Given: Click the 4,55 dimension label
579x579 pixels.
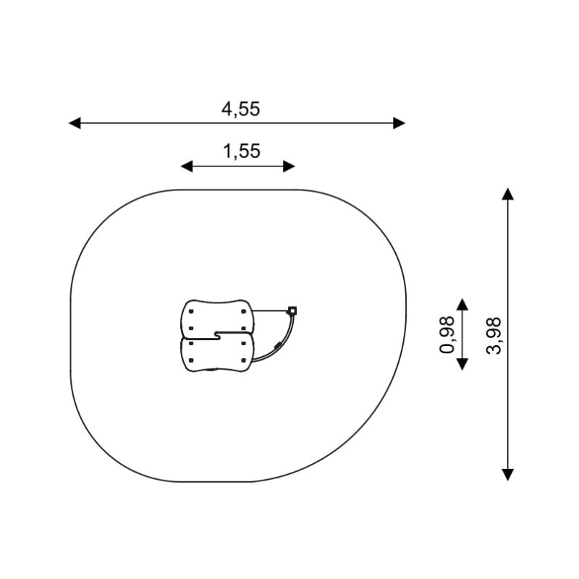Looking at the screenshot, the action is click(x=240, y=109).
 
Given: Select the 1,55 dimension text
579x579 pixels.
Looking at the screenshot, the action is click(x=242, y=151).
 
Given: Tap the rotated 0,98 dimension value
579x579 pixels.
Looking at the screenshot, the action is click(x=447, y=335).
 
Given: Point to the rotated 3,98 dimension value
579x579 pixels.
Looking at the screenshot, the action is click(x=494, y=336).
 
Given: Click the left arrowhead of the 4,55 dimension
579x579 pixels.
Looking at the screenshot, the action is click(x=75, y=123).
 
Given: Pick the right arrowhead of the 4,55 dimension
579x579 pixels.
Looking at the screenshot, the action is click(x=400, y=123).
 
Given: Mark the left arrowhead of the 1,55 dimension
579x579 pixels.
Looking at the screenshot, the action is click(x=187, y=166).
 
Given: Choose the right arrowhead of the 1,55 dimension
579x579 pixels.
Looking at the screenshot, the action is click(x=289, y=166).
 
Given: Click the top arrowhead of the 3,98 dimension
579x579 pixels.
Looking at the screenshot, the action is click(x=508, y=194).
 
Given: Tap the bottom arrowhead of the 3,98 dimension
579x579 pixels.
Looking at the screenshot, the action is click(x=508, y=475).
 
